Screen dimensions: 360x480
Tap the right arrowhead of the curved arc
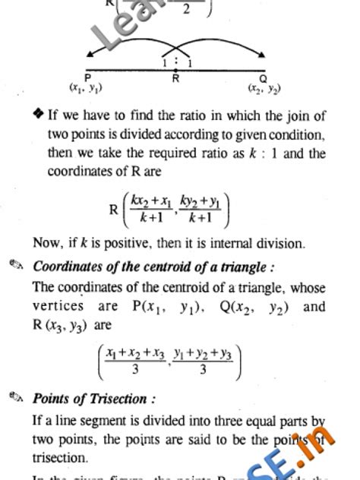pos(263,54)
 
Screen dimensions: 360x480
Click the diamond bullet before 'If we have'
pos(38,116)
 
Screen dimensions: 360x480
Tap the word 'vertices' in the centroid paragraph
pos(58,307)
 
